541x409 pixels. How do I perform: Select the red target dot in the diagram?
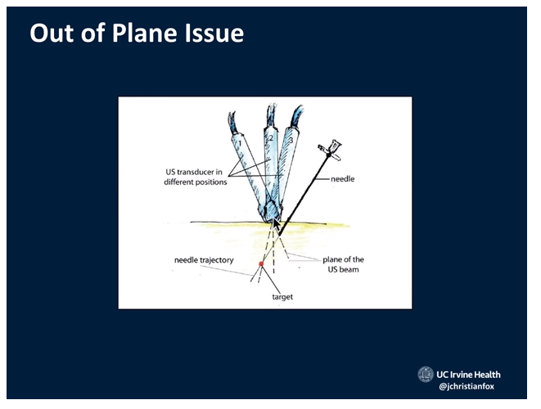[261, 263]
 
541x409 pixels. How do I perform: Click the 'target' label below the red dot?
[282, 297]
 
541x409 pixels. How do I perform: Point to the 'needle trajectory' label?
[204, 259]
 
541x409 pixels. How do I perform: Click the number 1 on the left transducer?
[238, 145]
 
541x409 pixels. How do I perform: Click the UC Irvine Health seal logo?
[425, 375]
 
